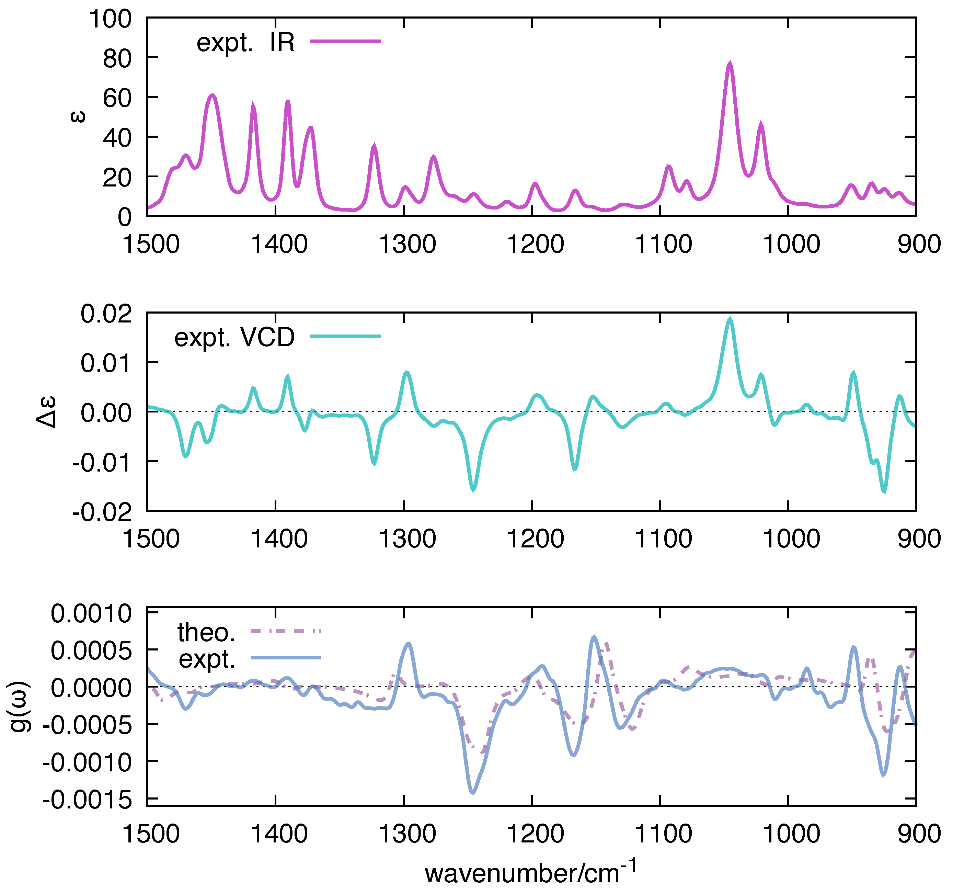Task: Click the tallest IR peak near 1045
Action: pos(730,64)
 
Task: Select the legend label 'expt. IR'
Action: pos(245,42)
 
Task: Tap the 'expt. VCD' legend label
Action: pos(234,337)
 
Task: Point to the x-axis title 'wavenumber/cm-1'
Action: pos(530,872)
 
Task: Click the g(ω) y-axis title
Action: pos(20,706)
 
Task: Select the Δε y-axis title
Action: pos(46,411)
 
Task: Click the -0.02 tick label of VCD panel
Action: pos(102,512)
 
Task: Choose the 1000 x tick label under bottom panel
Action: pos(791,834)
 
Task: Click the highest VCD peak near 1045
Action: pos(730,319)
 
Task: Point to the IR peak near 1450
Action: pos(213,95)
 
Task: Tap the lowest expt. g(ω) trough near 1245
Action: pos(473,792)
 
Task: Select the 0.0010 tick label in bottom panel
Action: pos(91,613)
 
